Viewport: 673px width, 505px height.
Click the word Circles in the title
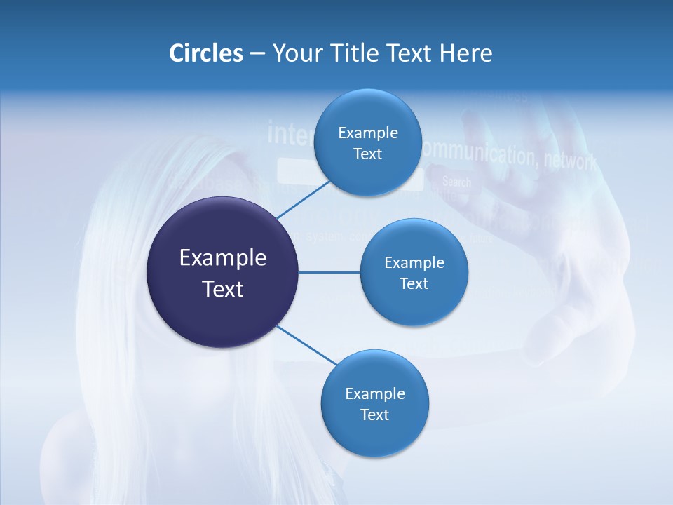pyautogui.click(x=205, y=53)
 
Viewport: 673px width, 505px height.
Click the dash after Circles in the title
pyautogui.click(x=257, y=54)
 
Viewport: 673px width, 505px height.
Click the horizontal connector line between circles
pyautogui.click(x=329, y=272)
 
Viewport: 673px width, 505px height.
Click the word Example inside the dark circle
pyautogui.click(x=222, y=258)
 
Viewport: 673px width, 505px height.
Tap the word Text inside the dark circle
pyautogui.click(x=222, y=289)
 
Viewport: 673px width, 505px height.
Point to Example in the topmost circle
pyautogui.click(x=367, y=133)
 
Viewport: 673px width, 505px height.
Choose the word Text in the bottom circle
pyautogui.click(x=374, y=415)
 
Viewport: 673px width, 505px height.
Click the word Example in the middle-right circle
pyautogui.click(x=414, y=262)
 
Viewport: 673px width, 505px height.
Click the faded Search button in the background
pyautogui.click(x=456, y=182)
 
